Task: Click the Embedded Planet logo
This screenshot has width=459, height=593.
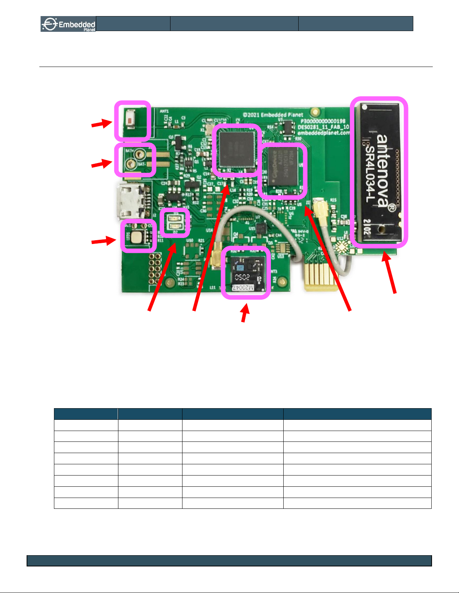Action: coord(68,24)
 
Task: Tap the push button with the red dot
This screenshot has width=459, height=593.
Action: coord(130,121)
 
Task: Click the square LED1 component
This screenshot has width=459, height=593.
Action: coord(138,236)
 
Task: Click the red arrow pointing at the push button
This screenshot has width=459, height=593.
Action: coord(102,123)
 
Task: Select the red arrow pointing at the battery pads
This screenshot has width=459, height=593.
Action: coord(102,164)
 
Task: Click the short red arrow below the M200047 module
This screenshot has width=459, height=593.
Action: coord(244,314)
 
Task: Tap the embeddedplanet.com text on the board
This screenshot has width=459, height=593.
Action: coord(323,132)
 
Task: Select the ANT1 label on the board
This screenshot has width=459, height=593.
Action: coord(164,111)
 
